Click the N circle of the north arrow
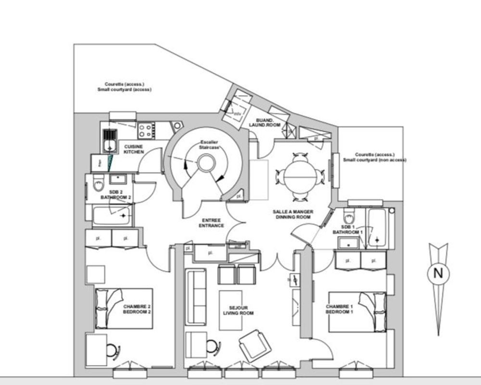tap(438, 273)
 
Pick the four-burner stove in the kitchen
tap(146, 130)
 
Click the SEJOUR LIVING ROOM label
tap(238, 310)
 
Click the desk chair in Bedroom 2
tap(112, 349)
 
